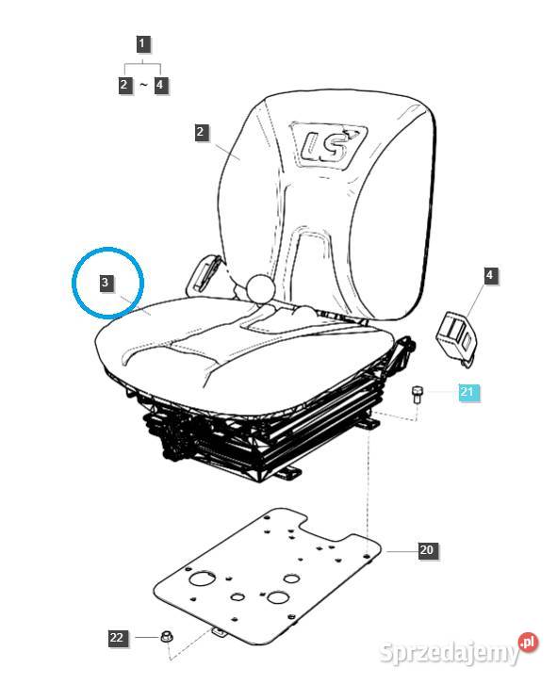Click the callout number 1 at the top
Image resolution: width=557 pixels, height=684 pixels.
141,44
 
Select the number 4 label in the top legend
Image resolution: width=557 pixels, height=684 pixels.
160,84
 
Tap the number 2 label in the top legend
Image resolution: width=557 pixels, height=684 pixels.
124,84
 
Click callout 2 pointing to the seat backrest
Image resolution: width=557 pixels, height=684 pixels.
201,132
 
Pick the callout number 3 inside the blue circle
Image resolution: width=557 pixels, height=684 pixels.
105,283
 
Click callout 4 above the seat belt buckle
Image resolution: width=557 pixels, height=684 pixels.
490,275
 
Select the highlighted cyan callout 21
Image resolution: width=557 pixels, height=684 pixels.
467,391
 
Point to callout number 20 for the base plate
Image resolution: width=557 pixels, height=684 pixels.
427,549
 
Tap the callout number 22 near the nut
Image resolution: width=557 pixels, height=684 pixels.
117,637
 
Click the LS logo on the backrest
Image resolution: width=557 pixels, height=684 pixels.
328,143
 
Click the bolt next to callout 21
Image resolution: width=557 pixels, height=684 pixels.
417,394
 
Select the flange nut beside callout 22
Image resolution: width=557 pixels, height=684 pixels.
166,636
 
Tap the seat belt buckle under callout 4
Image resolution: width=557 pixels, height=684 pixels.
456,336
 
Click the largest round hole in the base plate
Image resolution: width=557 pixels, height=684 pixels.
202,579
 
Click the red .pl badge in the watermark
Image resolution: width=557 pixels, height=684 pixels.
528,643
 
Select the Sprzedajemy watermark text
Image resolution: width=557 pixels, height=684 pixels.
450,652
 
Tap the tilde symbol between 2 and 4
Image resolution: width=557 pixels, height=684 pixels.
143,84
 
